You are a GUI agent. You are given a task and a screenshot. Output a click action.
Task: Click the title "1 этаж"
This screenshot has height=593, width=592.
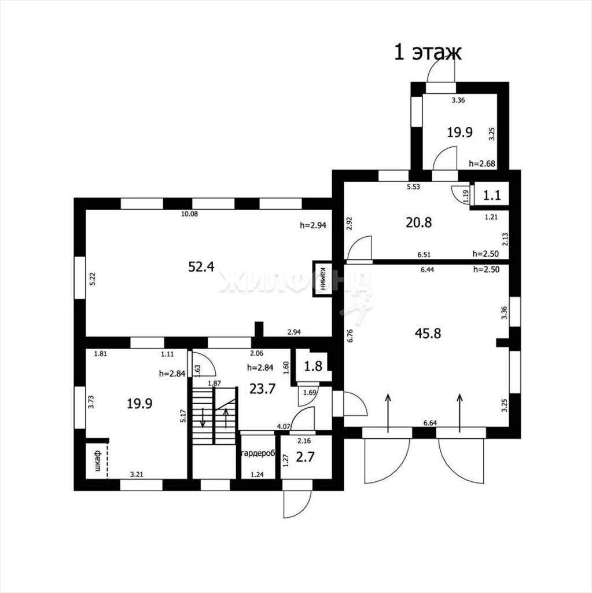pyautogui.click(x=428, y=52)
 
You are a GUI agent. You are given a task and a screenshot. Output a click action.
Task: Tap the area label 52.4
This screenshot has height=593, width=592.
pyautogui.click(x=201, y=266)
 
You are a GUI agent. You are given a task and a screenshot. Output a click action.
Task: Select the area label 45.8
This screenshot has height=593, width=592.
pyautogui.click(x=428, y=333)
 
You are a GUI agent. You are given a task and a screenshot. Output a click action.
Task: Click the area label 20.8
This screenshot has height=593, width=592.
pyautogui.click(x=418, y=222)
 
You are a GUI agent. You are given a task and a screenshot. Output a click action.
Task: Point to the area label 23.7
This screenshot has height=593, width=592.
pyautogui.click(x=262, y=389)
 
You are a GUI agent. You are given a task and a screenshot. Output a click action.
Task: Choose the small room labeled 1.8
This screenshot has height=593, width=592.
pyautogui.click(x=314, y=366)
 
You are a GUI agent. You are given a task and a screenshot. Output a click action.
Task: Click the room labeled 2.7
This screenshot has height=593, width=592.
pyautogui.click(x=306, y=457)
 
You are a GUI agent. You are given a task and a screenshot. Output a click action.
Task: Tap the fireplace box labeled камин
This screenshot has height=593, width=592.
pyautogui.click(x=322, y=279)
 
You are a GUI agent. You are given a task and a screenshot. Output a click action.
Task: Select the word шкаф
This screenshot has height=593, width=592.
pyautogui.click(x=98, y=460)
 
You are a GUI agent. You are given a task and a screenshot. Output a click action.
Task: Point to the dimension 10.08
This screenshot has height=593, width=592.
pyautogui.click(x=189, y=214)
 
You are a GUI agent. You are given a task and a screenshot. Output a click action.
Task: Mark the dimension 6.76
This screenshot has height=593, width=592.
pyautogui.click(x=350, y=336)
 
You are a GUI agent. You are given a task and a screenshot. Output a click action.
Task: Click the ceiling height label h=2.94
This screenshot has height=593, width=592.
pyautogui.click(x=313, y=225)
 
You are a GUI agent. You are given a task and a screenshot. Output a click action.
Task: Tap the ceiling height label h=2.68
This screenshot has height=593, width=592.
pyautogui.click(x=482, y=163)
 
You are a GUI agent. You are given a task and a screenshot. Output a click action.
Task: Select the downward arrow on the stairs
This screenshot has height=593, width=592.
pyautogui.click(x=203, y=418)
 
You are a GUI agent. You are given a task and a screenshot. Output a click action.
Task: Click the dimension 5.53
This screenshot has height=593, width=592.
pyautogui.click(x=413, y=186)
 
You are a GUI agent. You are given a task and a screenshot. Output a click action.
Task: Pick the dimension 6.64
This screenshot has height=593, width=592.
pyautogui.click(x=430, y=423)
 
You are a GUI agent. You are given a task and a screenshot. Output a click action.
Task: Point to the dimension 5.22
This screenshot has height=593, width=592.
pyautogui.click(x=93, y=279)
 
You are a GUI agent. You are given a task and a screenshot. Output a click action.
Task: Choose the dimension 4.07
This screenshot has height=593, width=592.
pyautogui.click(x=284, y=426)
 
